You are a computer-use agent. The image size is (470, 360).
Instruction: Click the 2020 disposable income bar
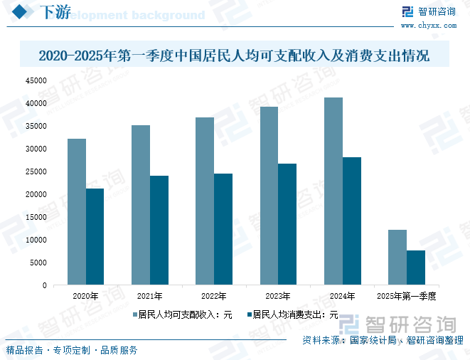(77, 212)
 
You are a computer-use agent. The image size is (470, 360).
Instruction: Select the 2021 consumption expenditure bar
(159, 231)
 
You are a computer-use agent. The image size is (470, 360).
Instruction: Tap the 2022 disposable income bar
(205, 201)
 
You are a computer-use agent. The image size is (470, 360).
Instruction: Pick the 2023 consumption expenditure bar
(287, 224)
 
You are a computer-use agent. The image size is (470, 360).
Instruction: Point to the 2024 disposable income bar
(333, 191)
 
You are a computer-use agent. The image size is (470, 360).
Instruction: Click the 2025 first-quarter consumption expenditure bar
(416, 268)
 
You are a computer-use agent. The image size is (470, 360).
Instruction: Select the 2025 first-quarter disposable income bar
(397, 258)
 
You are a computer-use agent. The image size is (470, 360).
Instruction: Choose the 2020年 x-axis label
(86, 295)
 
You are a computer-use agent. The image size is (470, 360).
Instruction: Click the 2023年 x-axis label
(278, 295)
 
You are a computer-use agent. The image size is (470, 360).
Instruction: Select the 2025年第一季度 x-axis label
(406, 295)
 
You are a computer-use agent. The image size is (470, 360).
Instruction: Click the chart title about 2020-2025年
(234, 55)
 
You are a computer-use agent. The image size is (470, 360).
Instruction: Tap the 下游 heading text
(53, 13)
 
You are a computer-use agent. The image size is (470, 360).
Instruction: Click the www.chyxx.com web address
(429, 25)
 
